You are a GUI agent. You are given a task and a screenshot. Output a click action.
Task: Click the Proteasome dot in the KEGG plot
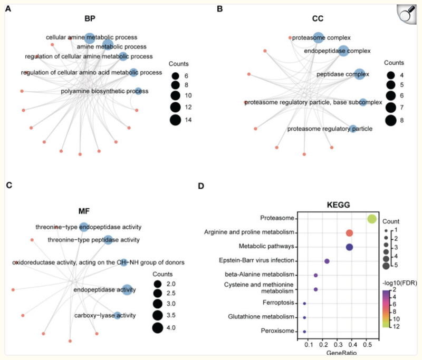click(x=371, y=219)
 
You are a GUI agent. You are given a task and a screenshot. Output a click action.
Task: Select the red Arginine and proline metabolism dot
click(x=349, y=233)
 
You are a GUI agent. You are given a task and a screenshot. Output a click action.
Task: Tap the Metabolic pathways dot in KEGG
click(x=349, y=247)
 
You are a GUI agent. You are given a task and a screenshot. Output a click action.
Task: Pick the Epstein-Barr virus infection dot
click(x=327, y=261)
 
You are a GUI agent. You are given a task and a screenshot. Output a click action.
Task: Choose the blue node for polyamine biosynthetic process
click(x=138, y=91)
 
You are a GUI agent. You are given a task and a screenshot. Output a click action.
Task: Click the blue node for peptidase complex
click(x=359, y=74)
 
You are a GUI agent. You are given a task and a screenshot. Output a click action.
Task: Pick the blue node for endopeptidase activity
click(x=127, y=289)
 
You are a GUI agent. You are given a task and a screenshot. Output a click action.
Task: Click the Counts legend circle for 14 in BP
click(x=175, y=120)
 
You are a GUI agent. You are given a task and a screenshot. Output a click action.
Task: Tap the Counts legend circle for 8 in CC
click(x=391, y=120)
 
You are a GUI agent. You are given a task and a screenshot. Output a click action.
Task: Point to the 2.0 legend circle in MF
click(x=157, y=285)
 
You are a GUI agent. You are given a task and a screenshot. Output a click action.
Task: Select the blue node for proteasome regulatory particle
click(x=353, y=128)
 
